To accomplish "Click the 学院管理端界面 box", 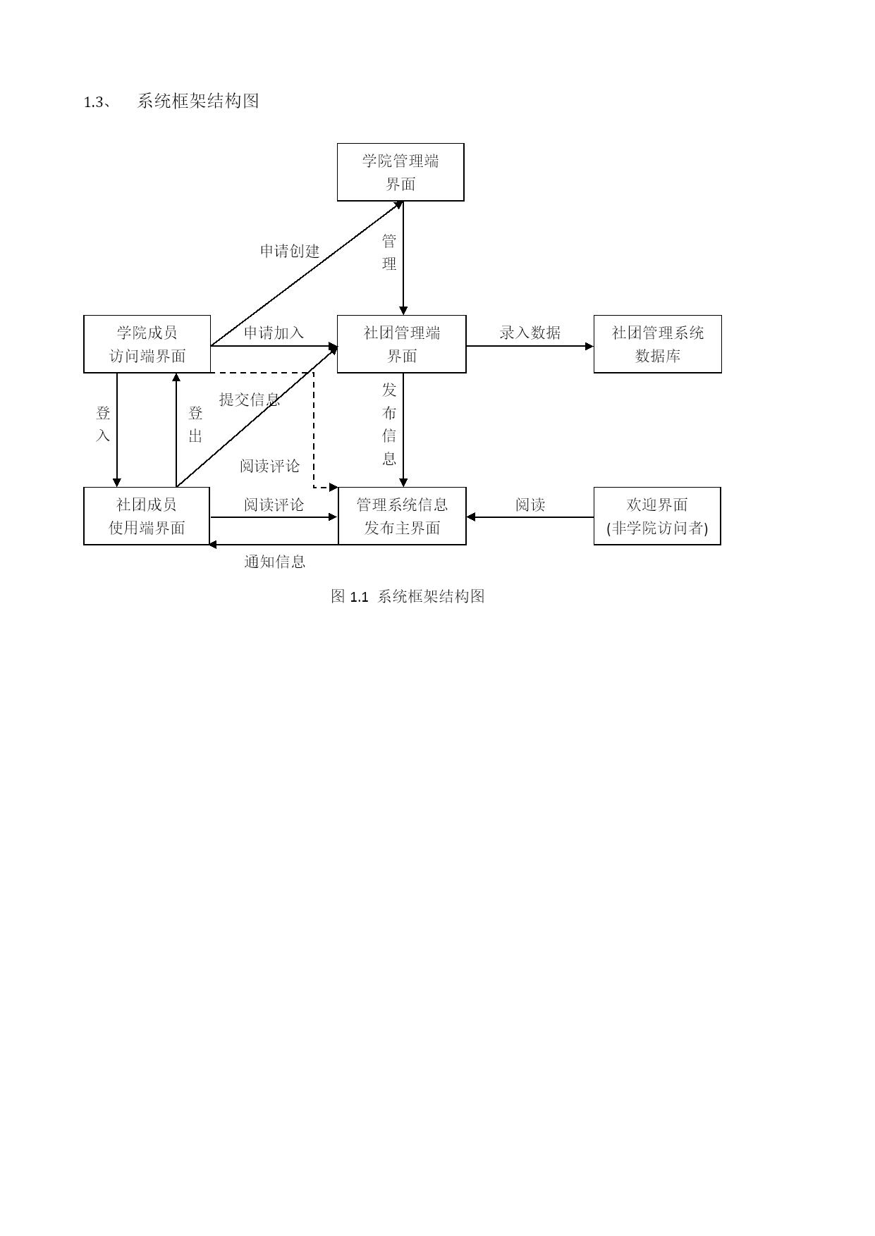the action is (x=400, y=172).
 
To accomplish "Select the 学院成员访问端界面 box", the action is (x=147, y=344).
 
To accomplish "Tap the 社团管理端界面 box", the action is (x=402, y=344).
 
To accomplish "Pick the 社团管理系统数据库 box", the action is (x=658, y=344).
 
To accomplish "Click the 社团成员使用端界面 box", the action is (x=147, y=516).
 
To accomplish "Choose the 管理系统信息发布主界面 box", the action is (x=402, y=516).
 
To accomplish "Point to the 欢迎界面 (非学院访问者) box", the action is (x=657, y=516).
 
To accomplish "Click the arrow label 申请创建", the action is (x=290, y=251).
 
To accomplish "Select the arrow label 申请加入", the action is (x=274, y=333).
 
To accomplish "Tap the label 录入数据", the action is (x=530, y=333).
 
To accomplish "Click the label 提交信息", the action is (x=250, y=400).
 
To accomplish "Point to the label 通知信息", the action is (x=275, y=562).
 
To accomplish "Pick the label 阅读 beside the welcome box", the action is (x=530, y=505).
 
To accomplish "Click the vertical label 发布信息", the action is (x=389, y=424).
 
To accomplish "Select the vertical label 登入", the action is (x=103, y=424).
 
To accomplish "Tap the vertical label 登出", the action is (x=195, y=424).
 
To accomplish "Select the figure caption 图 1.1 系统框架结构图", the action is (x=408, y=596).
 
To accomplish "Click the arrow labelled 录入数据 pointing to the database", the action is (x=530, y=346).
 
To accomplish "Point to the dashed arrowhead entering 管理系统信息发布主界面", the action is (x=334, y=487).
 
